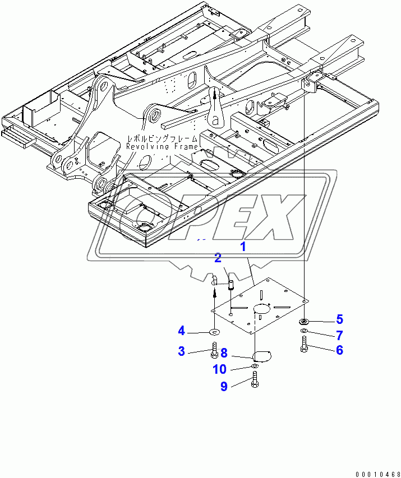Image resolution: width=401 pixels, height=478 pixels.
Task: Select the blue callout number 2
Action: (x=217, y=258)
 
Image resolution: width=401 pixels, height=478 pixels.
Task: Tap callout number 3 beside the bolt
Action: (x=182, y=351)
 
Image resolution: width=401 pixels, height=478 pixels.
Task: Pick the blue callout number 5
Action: (x=339, y=319)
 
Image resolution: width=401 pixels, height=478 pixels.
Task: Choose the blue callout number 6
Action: (x=339, y=350)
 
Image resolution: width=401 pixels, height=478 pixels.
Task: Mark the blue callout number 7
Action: (x=339, y=335)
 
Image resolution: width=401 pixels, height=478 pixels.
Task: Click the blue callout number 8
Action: (x=224, y=353)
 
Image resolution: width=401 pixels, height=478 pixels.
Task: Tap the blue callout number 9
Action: (x=224, y=387)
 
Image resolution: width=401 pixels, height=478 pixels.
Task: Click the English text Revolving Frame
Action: (x=162, y=147)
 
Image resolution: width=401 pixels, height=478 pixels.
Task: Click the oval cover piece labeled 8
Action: (x=261, y=355)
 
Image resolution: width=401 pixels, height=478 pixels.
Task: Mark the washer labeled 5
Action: (x=303, y=322)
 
